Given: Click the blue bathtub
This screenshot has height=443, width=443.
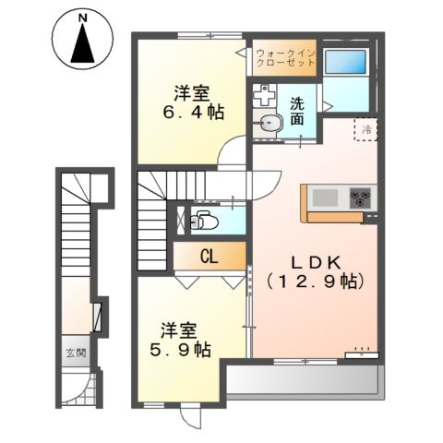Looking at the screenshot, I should point(347,63).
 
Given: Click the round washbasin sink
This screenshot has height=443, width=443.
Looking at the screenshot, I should point(269,125).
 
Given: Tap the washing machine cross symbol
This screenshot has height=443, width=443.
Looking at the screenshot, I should point(266,95).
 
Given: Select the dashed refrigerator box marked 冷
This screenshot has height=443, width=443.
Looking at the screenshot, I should point(365,132).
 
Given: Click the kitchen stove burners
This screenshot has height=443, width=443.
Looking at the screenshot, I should point(360,197).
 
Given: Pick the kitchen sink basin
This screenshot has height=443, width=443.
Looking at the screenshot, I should point(326,197).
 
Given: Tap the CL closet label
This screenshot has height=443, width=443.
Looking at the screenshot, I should point(210,257).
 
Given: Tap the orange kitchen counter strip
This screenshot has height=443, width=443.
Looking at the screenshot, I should point(340,217).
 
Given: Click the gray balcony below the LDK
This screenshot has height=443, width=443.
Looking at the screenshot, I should point(305,379).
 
